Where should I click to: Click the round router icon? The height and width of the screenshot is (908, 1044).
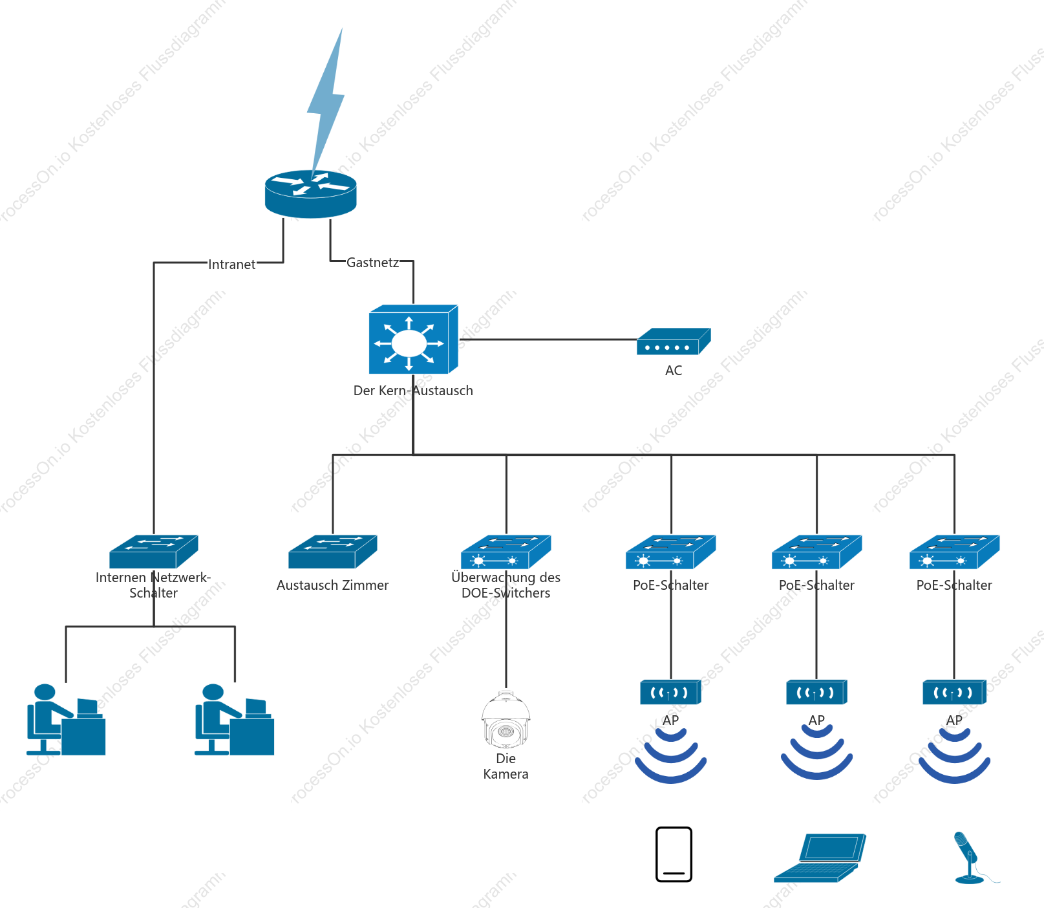311,194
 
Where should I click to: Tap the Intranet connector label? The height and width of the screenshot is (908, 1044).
231,265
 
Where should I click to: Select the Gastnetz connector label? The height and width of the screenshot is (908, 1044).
372,263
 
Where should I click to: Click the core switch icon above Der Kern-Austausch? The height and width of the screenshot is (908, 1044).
413,340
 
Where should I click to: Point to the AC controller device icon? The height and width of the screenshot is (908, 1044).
674,341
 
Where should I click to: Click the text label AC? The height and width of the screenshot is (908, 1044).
674,371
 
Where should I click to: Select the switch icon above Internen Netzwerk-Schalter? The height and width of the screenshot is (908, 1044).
154,552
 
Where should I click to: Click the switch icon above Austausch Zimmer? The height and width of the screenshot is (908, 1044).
333,552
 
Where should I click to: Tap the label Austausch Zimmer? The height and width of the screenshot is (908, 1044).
333,585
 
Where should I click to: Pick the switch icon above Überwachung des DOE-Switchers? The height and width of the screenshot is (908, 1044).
506,552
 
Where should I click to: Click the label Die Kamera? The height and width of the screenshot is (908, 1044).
506,766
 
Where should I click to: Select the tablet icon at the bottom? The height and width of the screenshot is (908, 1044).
674,854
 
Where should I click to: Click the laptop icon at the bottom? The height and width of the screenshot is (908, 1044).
820,858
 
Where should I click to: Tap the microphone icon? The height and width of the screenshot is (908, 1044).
970,858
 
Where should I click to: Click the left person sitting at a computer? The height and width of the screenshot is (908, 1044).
66,719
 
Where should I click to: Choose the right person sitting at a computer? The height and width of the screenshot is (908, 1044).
235,719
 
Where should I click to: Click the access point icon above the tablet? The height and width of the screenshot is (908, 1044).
671,692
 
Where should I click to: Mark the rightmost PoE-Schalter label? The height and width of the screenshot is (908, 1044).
954,585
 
